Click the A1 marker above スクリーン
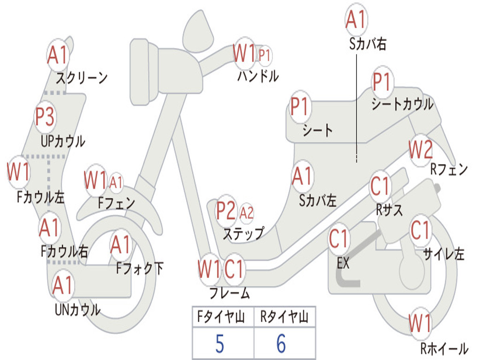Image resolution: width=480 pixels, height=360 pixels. click(x=58, y=55)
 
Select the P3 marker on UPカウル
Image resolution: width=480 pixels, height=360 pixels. click(x=45, y=117)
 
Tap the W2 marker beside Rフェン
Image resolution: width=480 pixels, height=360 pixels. click(x=421, y=150)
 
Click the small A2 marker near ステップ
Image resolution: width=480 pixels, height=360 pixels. click(x=247, y=213)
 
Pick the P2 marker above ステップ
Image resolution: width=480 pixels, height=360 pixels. click(x=226, y=210)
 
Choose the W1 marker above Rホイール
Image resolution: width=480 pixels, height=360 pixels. click(x=420, y=323)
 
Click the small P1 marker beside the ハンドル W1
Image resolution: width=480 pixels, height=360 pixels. click(x=264, y=56)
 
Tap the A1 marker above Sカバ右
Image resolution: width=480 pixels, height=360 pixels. click(x=356, y=19)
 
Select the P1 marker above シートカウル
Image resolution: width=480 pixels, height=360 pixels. click(x=382, y=82)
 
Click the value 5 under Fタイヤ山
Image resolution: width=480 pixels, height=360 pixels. click(x=220, y=344)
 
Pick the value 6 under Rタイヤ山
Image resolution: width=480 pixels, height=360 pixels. click(x=281, y=344)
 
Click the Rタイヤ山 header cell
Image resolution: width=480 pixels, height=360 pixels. click(x=285, y=317)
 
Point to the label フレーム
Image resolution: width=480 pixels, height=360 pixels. click(x=230, y=293)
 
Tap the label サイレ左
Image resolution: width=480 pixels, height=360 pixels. click(x=444, y=254)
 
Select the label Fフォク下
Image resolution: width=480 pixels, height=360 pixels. click(x=140, y=268)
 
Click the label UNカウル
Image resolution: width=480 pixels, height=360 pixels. click(x=78, y=309)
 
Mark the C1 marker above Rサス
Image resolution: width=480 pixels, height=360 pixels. click(x=380, y=186)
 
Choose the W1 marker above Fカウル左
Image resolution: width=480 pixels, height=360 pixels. click(x=19, y=172)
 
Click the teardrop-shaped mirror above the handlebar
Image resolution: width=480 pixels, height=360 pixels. click(x=198, y=30)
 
